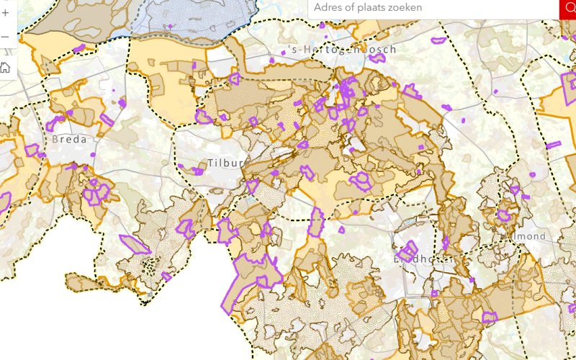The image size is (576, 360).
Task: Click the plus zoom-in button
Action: click(x=5, y=12)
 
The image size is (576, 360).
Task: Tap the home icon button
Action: click(x=5, y=68)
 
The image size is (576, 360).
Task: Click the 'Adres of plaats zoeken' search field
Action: click(x=432, y=9)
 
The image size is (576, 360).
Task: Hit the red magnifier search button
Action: click(x=568, y=9)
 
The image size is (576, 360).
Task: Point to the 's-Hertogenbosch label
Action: click(x=341, y=50)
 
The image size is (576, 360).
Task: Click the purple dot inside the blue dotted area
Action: click(x=171, y=27)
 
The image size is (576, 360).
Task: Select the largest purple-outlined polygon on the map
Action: click(x=252, y=277)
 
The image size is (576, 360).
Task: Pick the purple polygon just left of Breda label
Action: click(x=32, y=150)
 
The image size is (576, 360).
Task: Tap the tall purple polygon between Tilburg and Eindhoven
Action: click(x=316, y=221)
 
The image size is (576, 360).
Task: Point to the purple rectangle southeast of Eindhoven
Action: click(x=490, y=317)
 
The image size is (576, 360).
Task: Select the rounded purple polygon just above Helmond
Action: click(x=505, y=215)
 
